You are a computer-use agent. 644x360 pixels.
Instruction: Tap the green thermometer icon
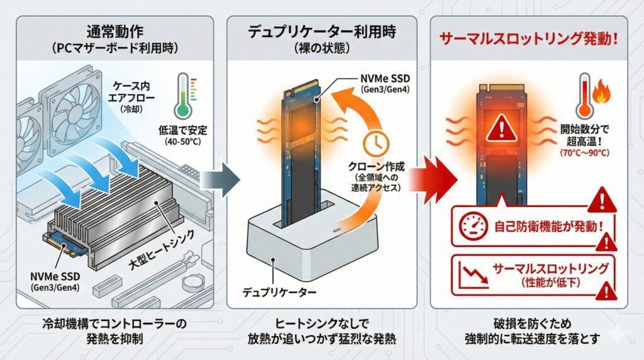coord(182,98)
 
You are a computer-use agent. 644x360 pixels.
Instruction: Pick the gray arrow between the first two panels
coord(222,179)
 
